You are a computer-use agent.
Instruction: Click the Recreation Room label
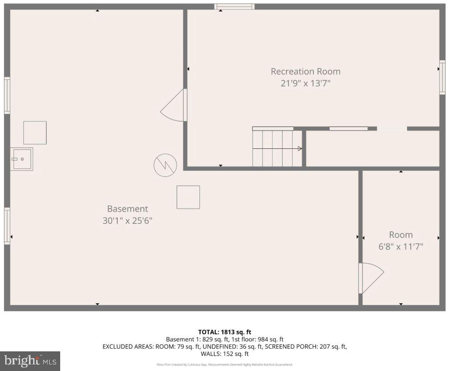pos(305,71)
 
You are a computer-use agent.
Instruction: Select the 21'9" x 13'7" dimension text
pos(305,83)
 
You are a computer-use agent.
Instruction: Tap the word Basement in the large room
pos(127,209)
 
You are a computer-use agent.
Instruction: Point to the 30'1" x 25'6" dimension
pos(127,221)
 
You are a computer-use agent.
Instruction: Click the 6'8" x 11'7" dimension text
pos(400,247)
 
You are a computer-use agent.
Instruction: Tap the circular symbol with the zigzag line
pos(165,165)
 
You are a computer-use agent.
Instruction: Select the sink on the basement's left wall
pos(21,159)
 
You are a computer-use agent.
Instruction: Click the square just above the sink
pos(35,133)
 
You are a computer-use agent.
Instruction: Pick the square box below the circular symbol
pos(188,197)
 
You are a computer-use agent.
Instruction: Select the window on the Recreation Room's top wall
pos(234,7)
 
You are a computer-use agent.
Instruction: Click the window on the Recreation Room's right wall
pos(442,78)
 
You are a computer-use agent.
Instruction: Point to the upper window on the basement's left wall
pos(7,95)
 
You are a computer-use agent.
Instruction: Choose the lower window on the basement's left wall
pos(7,226)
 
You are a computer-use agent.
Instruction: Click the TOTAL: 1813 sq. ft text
pos(225,332)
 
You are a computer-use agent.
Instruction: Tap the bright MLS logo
pos(30,361)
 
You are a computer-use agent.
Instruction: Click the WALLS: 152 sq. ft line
pos(225,354)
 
